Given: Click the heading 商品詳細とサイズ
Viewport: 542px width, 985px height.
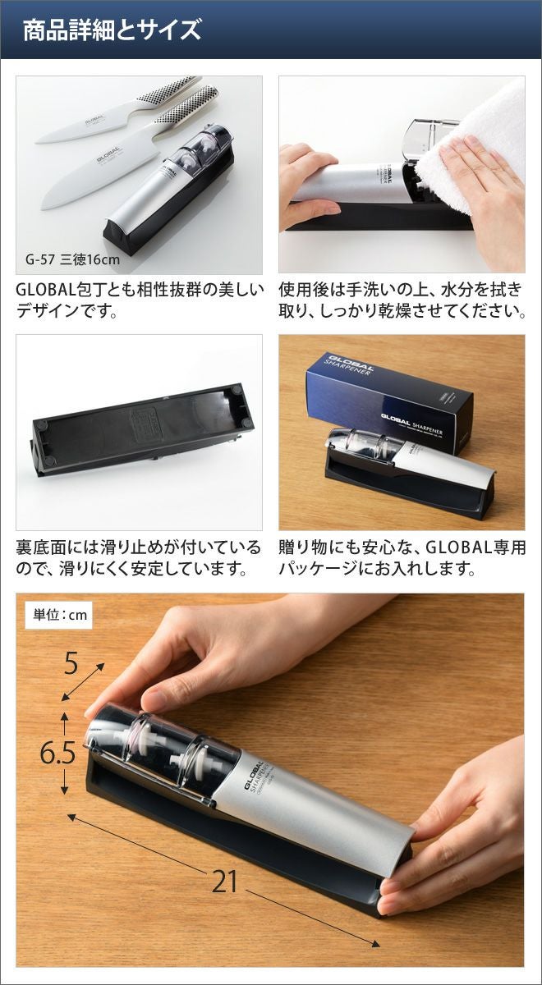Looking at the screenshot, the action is click(x=112, y=30).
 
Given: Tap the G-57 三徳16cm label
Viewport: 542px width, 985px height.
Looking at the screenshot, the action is click(x=72, y=259).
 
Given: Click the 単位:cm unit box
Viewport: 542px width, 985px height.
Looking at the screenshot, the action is click(x=60, y=614).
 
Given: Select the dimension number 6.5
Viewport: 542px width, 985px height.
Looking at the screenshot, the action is click(x=57, y=754).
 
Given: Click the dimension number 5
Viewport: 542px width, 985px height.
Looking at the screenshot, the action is click(x=71, y=663).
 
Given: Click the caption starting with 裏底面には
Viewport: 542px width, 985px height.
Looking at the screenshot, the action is click(x=139, y=558).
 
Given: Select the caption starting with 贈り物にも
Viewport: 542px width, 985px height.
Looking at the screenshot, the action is click(x=402, y=558).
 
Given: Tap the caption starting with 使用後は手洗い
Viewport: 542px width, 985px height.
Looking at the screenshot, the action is click(x=402, y=300).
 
